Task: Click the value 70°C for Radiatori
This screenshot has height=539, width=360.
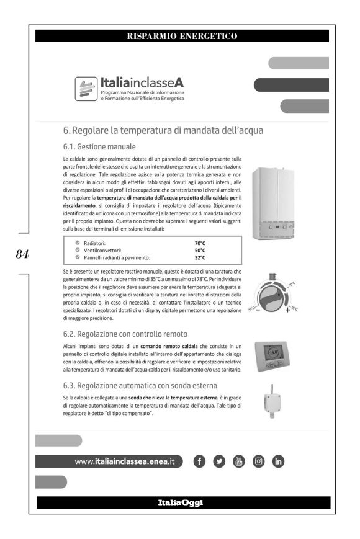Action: [x=200, y=243]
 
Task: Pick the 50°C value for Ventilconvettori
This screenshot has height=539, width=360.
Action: [x=200, y=250]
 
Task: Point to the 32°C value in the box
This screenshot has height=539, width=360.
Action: [x=200, y=257]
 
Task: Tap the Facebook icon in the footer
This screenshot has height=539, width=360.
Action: [x=200, y=461]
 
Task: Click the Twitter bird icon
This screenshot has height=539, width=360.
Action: [x=220, y=461]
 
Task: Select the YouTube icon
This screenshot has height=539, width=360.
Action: [x=240, y=461]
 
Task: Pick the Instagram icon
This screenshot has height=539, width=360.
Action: [x=259, y=461]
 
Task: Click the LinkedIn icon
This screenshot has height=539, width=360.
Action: [x=279, y=461]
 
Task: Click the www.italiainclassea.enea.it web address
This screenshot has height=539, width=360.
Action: [x=124, y=461]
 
